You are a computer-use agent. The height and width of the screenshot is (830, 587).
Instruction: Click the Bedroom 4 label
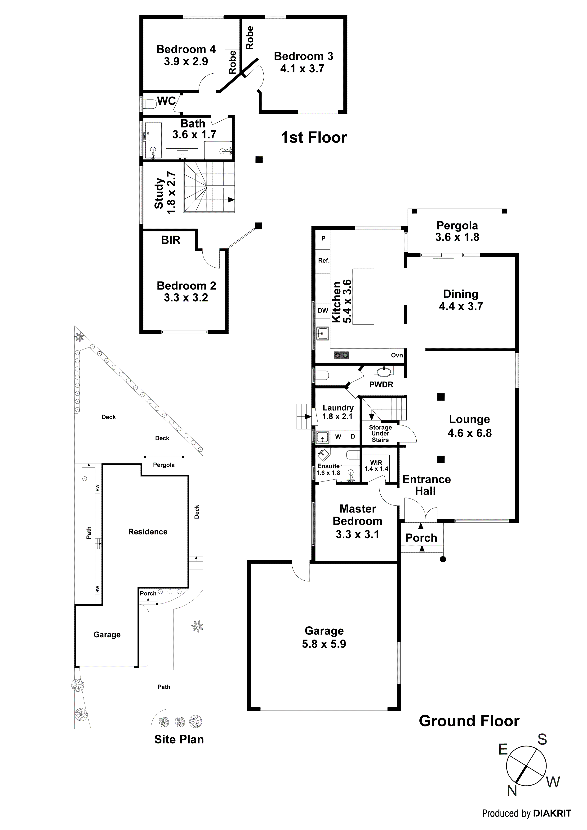(186, 49)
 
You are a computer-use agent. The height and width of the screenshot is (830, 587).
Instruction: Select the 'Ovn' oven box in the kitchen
(397, 355)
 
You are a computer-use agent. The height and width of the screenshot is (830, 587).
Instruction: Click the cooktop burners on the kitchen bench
(341, 355)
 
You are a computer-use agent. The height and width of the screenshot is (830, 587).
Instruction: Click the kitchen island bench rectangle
(363, 296)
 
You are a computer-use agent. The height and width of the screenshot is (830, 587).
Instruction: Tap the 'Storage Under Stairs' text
(380, 433)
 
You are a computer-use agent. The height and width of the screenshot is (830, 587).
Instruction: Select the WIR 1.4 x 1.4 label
(376, 466)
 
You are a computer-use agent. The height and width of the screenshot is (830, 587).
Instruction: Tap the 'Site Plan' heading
(179, 739)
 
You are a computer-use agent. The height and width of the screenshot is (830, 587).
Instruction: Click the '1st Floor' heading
(314, 137)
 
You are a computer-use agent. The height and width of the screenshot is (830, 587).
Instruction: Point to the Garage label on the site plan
(107, 635)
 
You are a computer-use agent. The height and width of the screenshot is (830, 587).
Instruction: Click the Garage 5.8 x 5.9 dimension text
(324, 644)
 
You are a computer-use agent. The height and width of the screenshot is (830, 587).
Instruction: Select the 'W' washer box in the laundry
(338, 437)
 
